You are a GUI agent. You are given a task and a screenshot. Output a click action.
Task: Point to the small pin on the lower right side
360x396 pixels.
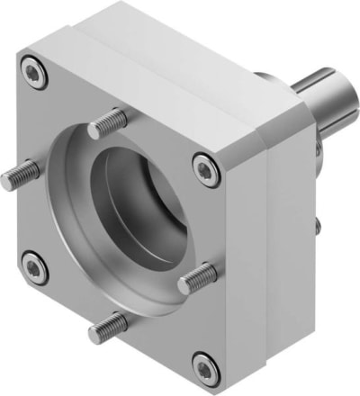pos(316,221)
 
